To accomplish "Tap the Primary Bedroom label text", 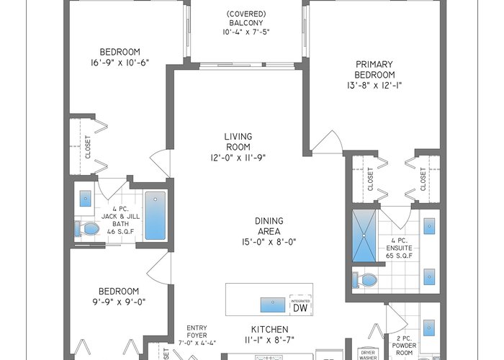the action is coord(374,69).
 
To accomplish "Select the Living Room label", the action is coord(238,141).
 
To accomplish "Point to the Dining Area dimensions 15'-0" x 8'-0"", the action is coord(269,242).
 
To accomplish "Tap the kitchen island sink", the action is coord(273,305).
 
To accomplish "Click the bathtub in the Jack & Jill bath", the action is coord(156,216).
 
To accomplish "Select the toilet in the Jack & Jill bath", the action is coord(87,229).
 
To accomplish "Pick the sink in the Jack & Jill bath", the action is coord(85,199).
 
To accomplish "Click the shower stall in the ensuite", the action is coord(364,235).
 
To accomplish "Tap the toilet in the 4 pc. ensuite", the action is coord(365,280).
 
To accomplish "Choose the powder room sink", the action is coord(429,328).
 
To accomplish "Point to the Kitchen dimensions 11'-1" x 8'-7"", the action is coord(270,340).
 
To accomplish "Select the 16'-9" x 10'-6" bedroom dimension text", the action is coord(120,63).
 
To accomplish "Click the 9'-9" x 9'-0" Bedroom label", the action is coord(119,297).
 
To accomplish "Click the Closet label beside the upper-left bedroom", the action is coord(88,147).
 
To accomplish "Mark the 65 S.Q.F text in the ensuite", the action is coord(399,256).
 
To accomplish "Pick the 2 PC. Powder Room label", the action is coord(404,346).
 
